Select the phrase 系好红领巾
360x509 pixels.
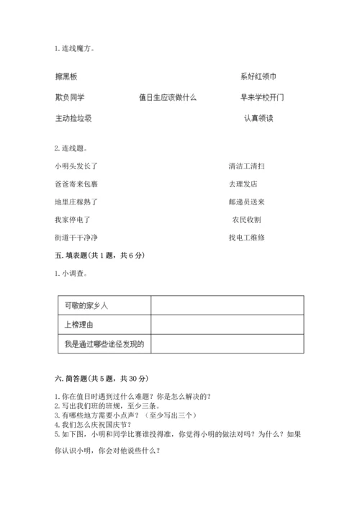pyautogui.click(x=258, y=76)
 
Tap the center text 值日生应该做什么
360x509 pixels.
pyautogui.click(x=168, y=97)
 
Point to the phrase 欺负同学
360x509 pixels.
pyautogui.click(x=69, y=97)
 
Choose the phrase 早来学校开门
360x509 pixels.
pyautogui.click(x=262, y=97)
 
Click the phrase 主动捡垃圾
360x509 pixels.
pyautogui.click(x=73, y=118)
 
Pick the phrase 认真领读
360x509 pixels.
pyautogui.click(x=258, y=118)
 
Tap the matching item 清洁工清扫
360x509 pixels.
pyautogui.click(x=247, y=166)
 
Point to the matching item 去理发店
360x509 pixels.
pyautogui.click(x=243, y=184)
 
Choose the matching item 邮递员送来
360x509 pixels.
pyautogui.click(x=247, y=202)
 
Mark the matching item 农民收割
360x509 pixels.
pyautogui.click(x=246, y=220)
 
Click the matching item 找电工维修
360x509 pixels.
pyautogui.click(x=247, y=238)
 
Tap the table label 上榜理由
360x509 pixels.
pyautogui.click(x=78, y=325)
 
